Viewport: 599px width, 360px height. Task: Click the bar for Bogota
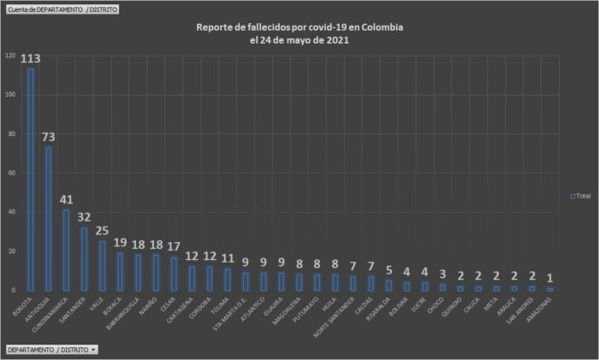pos(32,180)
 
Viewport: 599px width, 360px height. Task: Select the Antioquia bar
pos(49,219)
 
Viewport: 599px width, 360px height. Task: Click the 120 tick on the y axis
pos(10,56)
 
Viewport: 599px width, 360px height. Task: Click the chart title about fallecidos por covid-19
pos(299,33)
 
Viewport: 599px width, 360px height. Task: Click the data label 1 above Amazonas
pos(549,279)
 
